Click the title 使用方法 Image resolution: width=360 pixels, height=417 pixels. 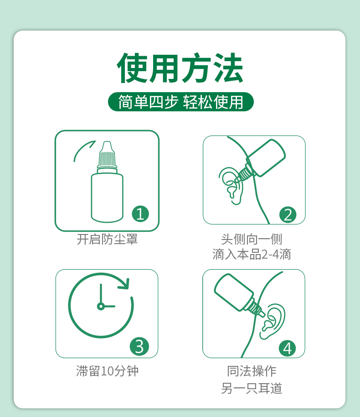click(x=180, y=68)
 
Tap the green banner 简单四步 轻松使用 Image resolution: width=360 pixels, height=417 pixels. click(x=180, y=102)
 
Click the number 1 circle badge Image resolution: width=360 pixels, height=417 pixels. click(x=140, y=214)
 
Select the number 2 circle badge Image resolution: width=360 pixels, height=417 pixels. click(x=288, y=215)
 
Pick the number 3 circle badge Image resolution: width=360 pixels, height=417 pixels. click(x=139, y=346)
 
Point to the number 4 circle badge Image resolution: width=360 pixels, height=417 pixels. click(x=288, y=348)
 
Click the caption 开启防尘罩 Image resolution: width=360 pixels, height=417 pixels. click(x=107, y=239)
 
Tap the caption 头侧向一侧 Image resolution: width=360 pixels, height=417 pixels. click(x=252, y=239)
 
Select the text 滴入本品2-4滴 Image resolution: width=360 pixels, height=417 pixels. click(x=252, y=254)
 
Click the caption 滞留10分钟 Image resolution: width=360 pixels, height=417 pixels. click(x=107, y=371)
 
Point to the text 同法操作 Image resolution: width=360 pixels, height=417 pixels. click(x=252, y=371)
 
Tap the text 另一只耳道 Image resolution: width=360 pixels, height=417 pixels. click(x=252, y=388)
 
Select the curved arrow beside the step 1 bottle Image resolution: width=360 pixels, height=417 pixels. click(x=82, y=149)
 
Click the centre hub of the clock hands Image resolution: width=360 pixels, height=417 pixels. click(x=101, y=307)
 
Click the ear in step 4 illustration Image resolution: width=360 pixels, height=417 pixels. click(x=272, y=322)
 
